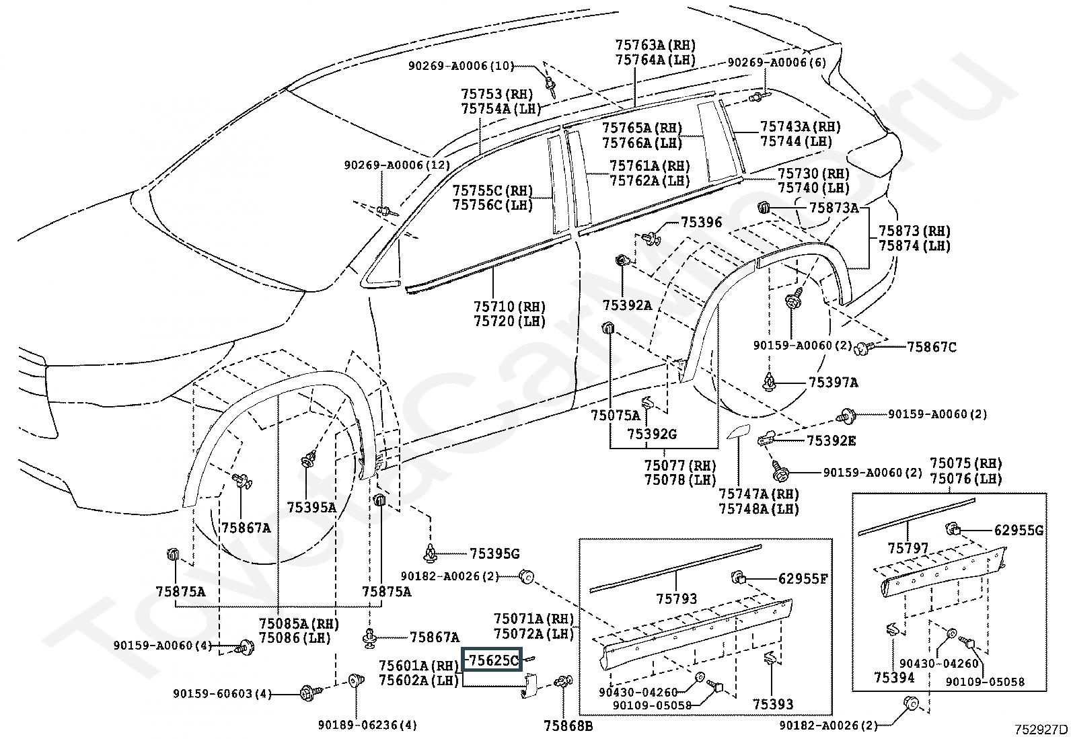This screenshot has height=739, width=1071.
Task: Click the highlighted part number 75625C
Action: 492,660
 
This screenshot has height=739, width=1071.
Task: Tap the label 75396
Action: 701,223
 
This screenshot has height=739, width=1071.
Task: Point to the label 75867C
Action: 931,347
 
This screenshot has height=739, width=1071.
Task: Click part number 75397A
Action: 833,383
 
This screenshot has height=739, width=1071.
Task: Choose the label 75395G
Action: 494,554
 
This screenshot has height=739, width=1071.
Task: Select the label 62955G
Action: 1019,531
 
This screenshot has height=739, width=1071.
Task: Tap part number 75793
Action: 677,598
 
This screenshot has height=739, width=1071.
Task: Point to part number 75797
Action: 908,549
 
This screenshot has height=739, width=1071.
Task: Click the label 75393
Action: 773,704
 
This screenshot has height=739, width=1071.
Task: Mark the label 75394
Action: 894,678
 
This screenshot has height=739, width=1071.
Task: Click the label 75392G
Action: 652,434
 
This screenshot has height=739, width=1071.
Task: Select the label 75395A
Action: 311,507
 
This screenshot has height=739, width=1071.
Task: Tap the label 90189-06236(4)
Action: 367,725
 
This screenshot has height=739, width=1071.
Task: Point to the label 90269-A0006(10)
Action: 461,66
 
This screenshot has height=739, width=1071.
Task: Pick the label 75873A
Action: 834,208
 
